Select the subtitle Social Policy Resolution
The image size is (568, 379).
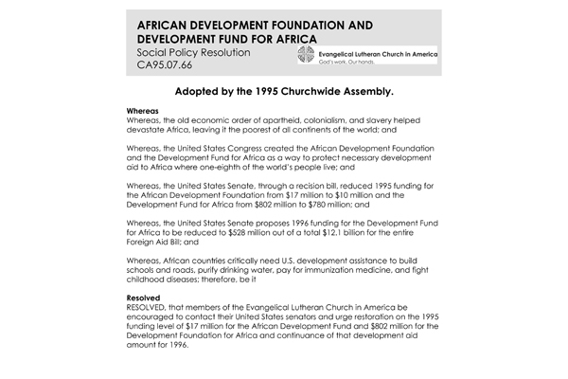[x=194, y=54]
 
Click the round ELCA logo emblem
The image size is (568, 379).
[x=303, y=55]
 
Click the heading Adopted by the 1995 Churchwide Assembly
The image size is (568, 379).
[x=284, y=96]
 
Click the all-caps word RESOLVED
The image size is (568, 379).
[x=150, y=309]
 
